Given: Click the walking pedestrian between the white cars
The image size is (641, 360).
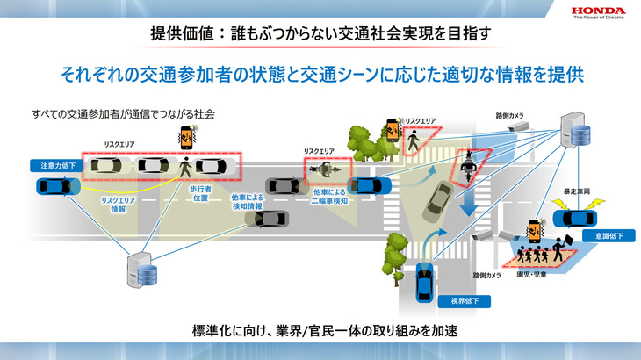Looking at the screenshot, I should (185, 165).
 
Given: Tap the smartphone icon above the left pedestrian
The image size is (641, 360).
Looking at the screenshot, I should (186, 136).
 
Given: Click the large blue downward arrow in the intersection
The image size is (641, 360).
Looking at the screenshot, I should (467, 200).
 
